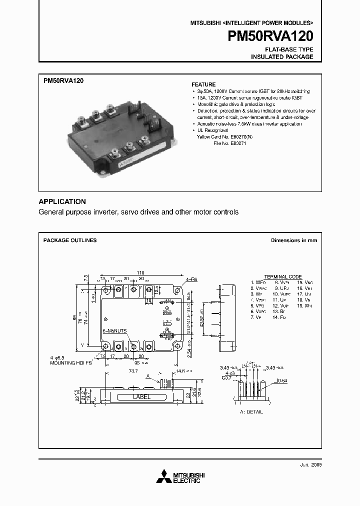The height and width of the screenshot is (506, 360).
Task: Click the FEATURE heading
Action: tap(203, 84)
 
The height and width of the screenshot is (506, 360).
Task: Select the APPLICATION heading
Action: tap(62, 201)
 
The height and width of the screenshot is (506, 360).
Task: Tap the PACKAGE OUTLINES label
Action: tap(69, 240)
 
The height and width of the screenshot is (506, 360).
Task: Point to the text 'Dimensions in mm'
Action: tap(293, 240)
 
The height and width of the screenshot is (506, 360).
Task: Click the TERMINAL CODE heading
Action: tap(282, 276)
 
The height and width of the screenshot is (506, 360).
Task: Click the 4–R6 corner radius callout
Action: tap(192, 279)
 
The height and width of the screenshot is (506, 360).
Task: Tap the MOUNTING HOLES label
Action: tap(71, 363)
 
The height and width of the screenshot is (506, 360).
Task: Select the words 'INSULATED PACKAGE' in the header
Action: tap(282, 57)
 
